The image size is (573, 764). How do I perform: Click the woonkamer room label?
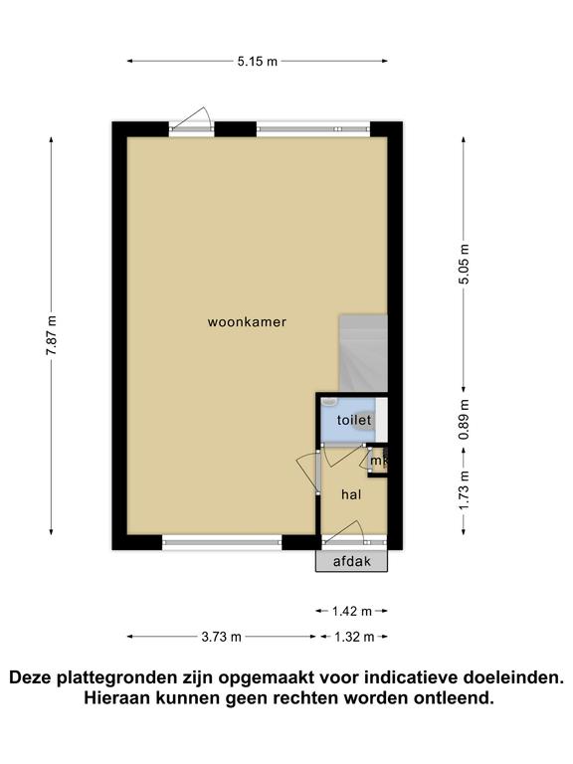pos(247,322)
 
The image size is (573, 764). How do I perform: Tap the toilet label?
pos(354,420)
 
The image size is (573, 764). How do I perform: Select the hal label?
pos(351,495)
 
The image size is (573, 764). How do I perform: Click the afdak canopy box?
pos(352,561)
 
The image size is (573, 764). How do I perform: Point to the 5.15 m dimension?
pos(258,62)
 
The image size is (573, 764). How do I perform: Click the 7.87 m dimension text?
pos(52,335)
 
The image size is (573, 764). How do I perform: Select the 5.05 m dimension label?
pos(464,264)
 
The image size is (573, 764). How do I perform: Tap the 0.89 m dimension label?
pos(464,420)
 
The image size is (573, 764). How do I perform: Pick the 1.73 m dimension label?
pos(464,490)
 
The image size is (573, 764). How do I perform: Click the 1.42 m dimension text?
pos(352,611)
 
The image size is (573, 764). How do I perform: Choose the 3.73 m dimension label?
pos(221,637)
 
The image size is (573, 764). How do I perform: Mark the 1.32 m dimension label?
pos(354,637)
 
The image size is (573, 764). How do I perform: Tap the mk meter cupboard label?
pos(379,461)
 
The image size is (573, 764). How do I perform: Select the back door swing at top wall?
pos(191,118)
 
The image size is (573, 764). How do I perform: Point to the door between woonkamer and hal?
pos(308,472)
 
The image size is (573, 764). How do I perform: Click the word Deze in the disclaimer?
pos(32,677)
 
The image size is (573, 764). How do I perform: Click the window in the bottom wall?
pos(222,542)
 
